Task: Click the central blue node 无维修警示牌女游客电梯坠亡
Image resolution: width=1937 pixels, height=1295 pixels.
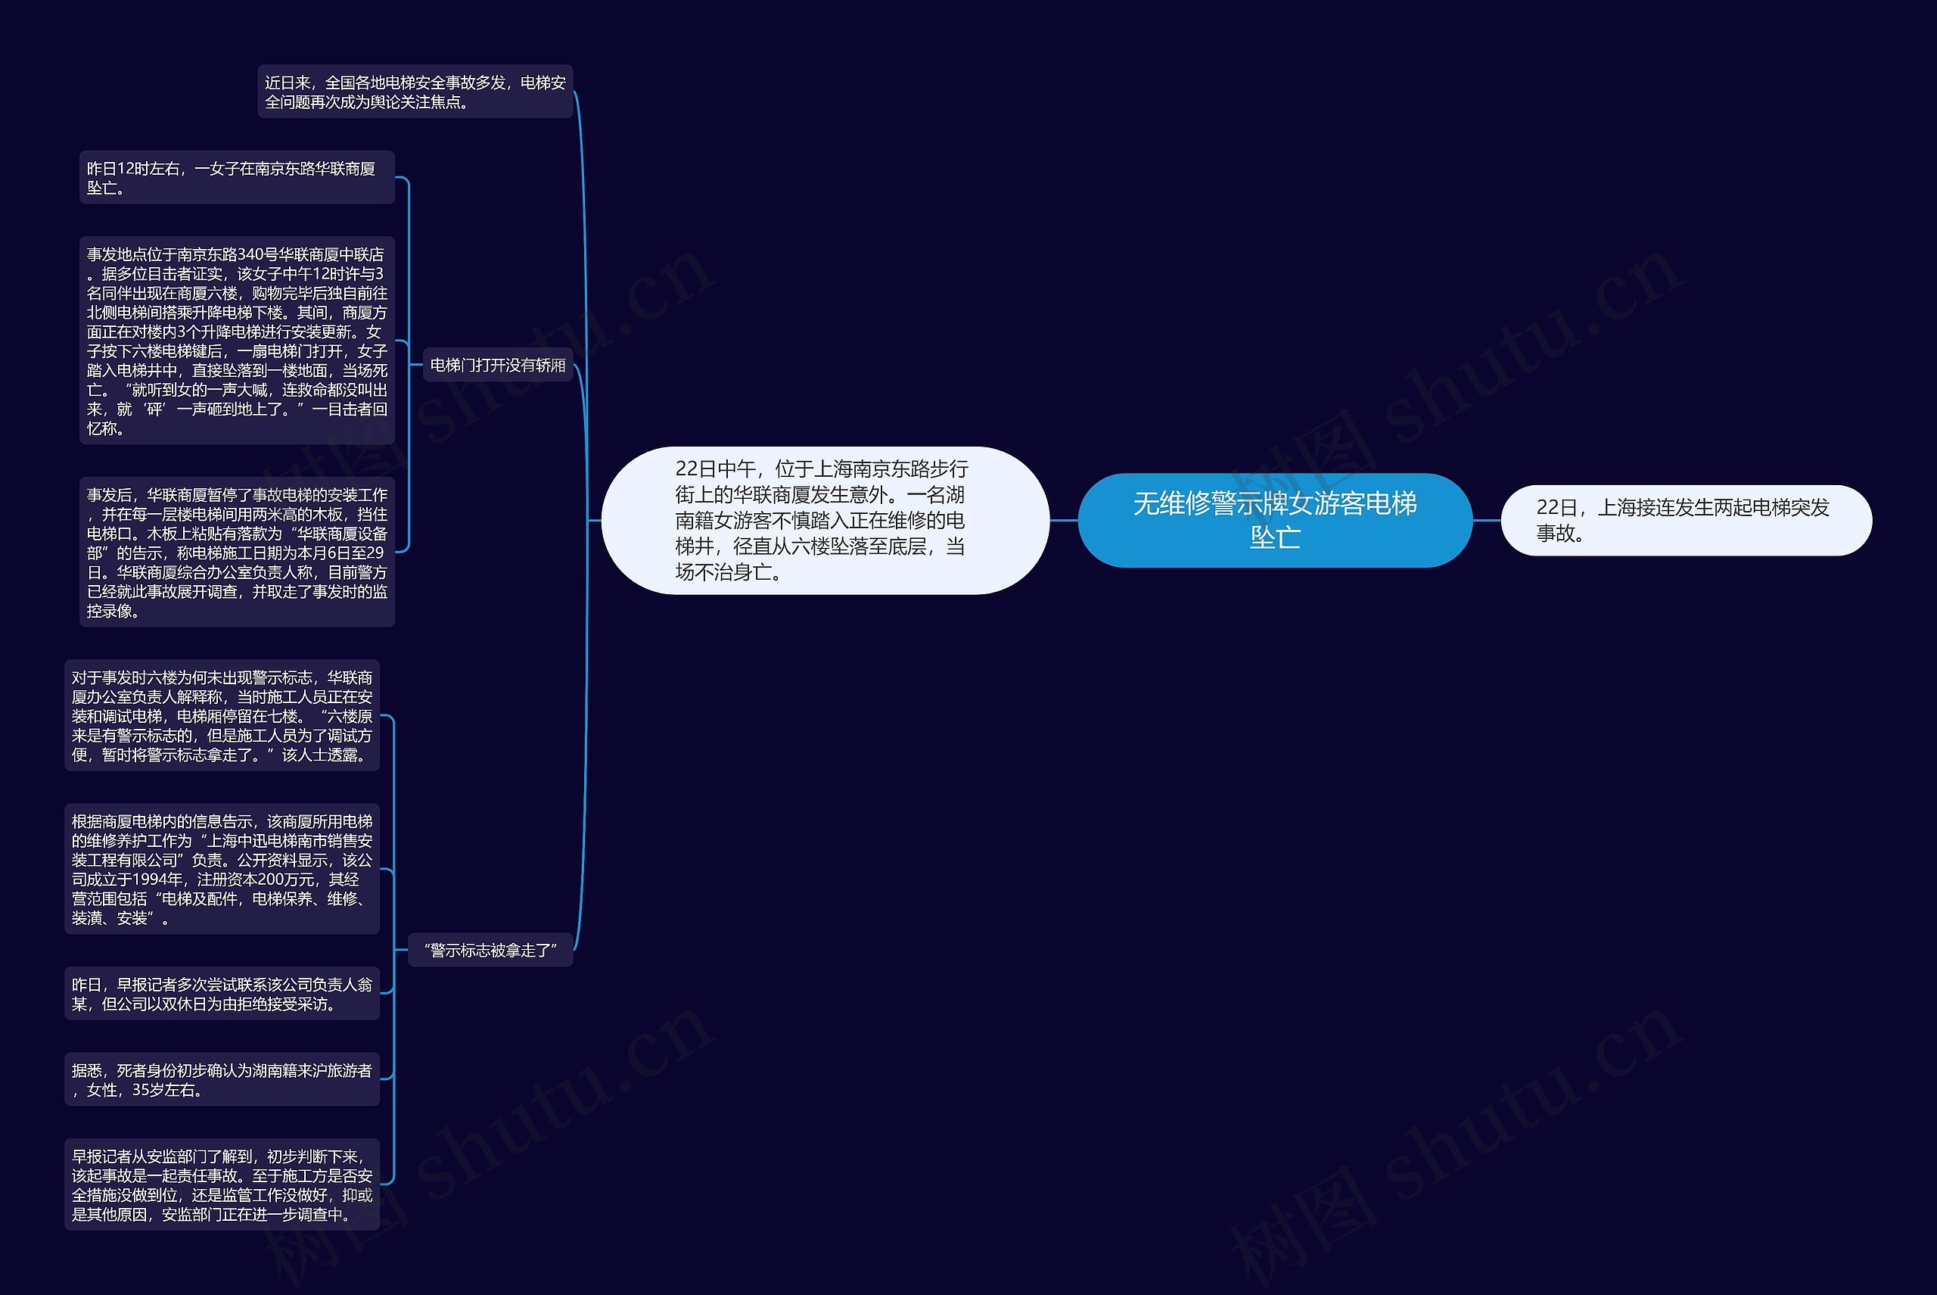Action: point(1274,520)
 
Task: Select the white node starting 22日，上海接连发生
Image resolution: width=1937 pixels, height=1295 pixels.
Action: point(1685,520)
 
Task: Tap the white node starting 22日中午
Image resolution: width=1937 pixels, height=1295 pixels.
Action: point(825,520)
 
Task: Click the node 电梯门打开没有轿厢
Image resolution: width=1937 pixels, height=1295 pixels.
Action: point(498,365)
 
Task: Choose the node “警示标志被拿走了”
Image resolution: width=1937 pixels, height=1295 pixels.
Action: point(490,951)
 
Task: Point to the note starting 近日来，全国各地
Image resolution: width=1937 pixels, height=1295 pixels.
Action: point(415,92)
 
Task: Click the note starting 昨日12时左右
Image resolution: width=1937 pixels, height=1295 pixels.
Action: point(236,178)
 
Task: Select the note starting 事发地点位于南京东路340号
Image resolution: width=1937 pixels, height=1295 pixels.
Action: point(236,341)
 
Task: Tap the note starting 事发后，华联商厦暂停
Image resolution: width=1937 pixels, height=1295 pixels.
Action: point(236,552)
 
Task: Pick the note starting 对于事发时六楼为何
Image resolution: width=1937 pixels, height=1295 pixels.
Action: point(221,715)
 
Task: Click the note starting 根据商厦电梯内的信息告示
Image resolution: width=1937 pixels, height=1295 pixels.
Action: point(221,869)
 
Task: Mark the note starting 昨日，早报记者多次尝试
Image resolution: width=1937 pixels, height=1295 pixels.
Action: point(221,994)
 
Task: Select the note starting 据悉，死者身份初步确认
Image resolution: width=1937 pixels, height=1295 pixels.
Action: point(221,1079)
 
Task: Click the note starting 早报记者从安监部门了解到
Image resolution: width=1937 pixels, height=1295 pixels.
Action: point(221,1184)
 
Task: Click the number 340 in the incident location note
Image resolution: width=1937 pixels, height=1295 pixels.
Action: point(250,254)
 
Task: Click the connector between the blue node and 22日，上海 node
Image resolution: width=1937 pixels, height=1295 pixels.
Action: point(1486,520)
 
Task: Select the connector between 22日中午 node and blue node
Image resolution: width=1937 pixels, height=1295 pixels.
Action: point(1063,520)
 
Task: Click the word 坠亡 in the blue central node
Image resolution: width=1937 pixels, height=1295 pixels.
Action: point(1274,537)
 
